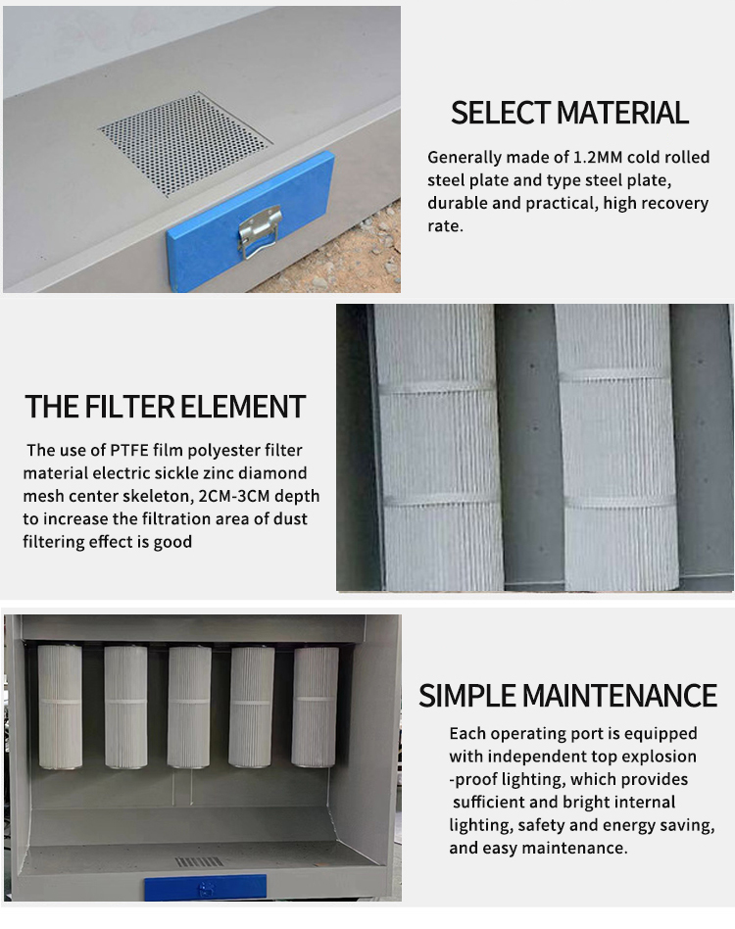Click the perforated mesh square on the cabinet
click(185, 143)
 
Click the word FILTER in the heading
click(129, 407)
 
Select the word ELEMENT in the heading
click(243, 407)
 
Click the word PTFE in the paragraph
click(129, 450)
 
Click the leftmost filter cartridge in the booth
click(60, 707)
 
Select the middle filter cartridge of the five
click(189, 708)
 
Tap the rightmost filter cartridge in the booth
click(316, 708)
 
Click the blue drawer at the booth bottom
click(205, 888)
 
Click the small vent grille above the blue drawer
click(199, 861)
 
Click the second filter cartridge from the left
click(125, 708)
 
